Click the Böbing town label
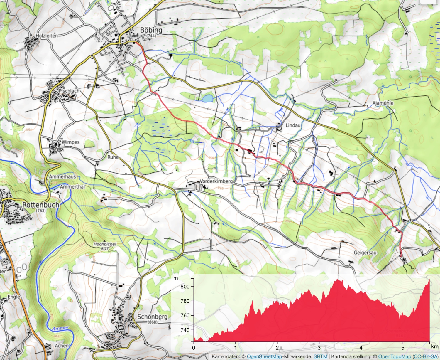151,30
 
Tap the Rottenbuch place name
41,205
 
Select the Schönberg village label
153,317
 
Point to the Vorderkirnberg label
216,181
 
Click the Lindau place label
293,125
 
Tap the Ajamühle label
383,103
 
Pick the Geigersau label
365,253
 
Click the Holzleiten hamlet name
47,36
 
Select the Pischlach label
69,91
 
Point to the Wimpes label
70,142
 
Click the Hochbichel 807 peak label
105,246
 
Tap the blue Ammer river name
60,328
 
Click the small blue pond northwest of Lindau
208,98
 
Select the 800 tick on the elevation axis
185,287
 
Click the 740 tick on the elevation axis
185,330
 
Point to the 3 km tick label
319,348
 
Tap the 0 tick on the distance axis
194,348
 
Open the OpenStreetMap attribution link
264,356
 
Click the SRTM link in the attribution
320,356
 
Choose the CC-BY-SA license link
425,356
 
